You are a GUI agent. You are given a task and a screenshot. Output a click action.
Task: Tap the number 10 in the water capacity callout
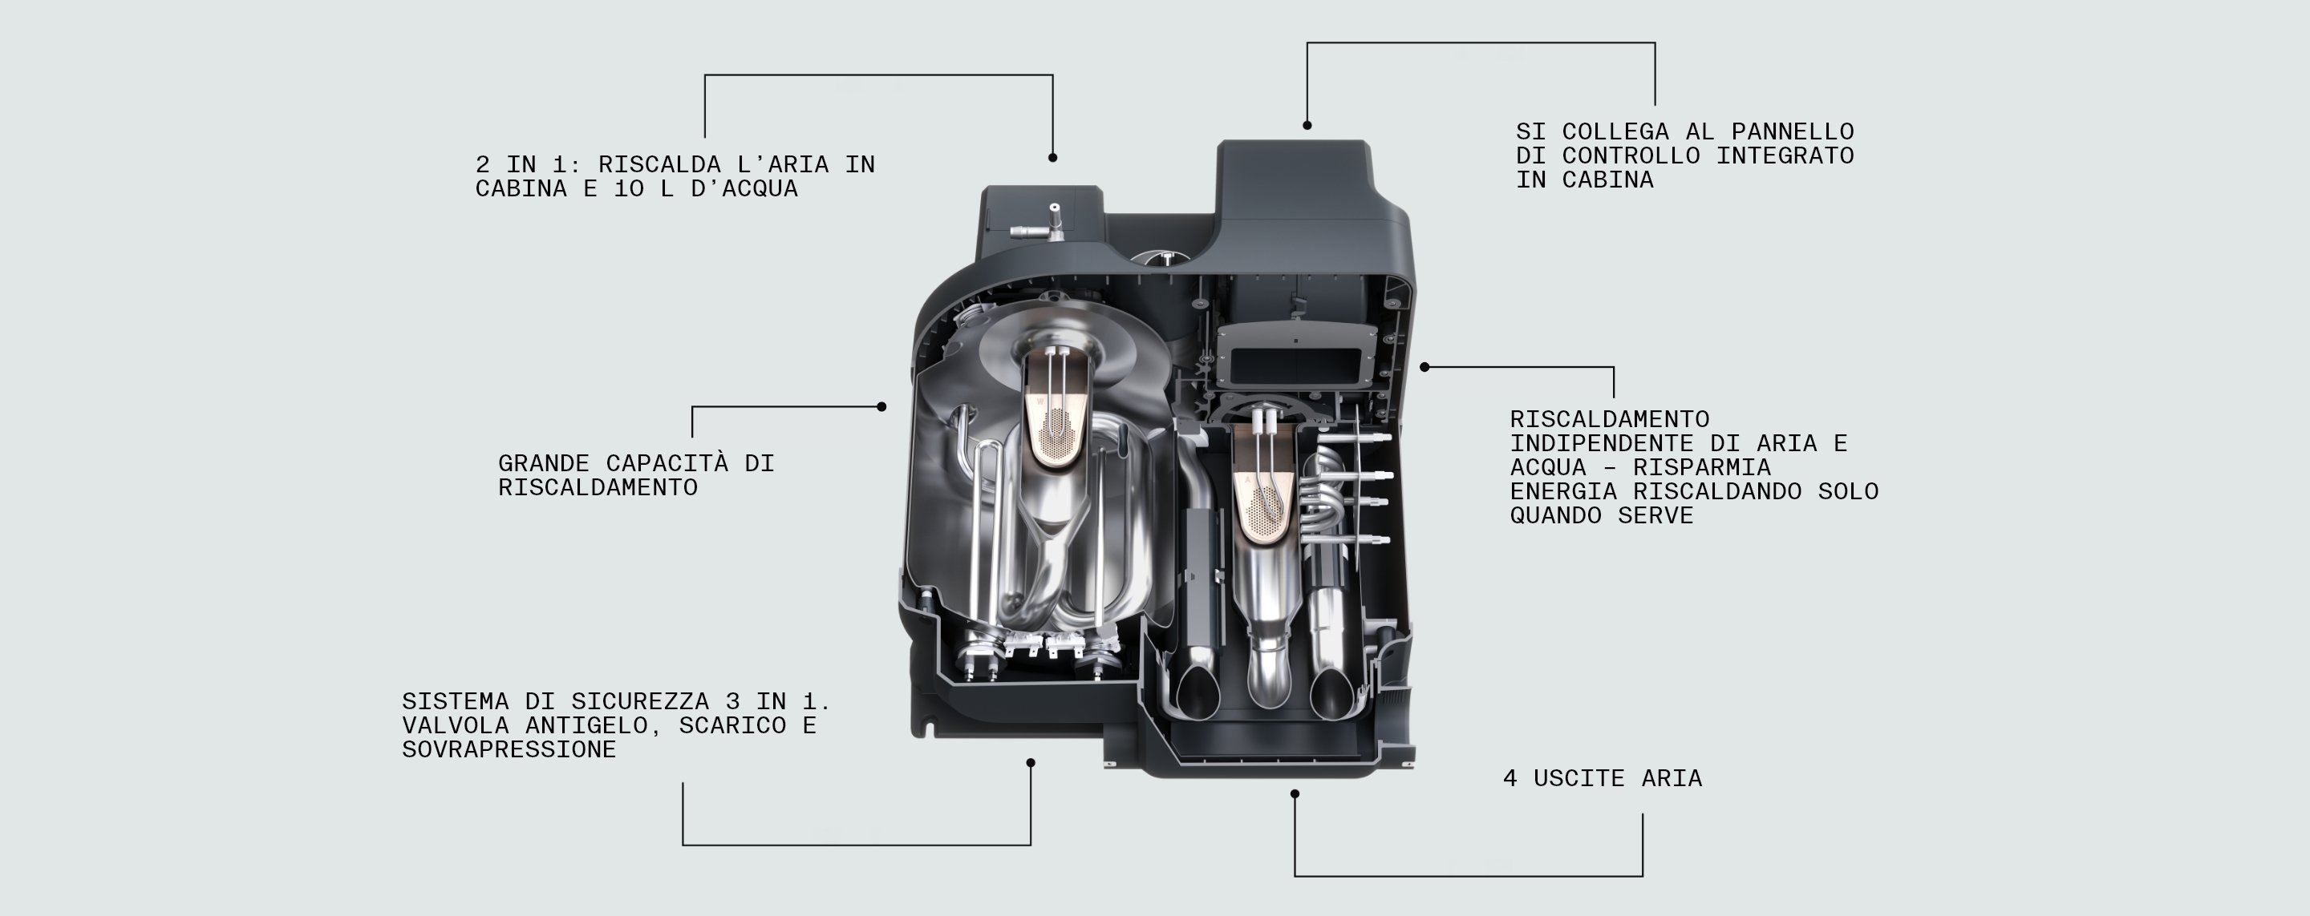pyautogui.click(x=630, y=189)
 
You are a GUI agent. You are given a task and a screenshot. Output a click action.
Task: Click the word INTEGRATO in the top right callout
pyautogui.click(x=1785, y=156)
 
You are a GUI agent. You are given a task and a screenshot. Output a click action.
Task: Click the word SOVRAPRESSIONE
pyautogui.click(x=509, y=749)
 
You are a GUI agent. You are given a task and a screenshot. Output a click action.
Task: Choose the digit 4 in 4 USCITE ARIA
pyautogui.click(x=1510, y=779)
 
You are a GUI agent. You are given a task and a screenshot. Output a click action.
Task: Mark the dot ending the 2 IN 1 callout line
pyautogui.click(x=1053, y=158)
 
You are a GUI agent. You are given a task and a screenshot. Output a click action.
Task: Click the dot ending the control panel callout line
pyautogui.click(x=1307, y=126)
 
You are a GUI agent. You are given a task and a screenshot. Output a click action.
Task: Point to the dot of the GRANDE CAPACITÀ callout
pyautogui.click(x=881, y=407)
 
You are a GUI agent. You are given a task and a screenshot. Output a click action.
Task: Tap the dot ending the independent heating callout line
pyautogui.click(x=1425, y=366)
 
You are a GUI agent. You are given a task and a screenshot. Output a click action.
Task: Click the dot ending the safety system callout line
pyautogui.click(x=1031, y=763)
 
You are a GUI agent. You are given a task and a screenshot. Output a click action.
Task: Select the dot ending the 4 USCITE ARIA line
pyautogui.click(x=1294, y=794)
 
